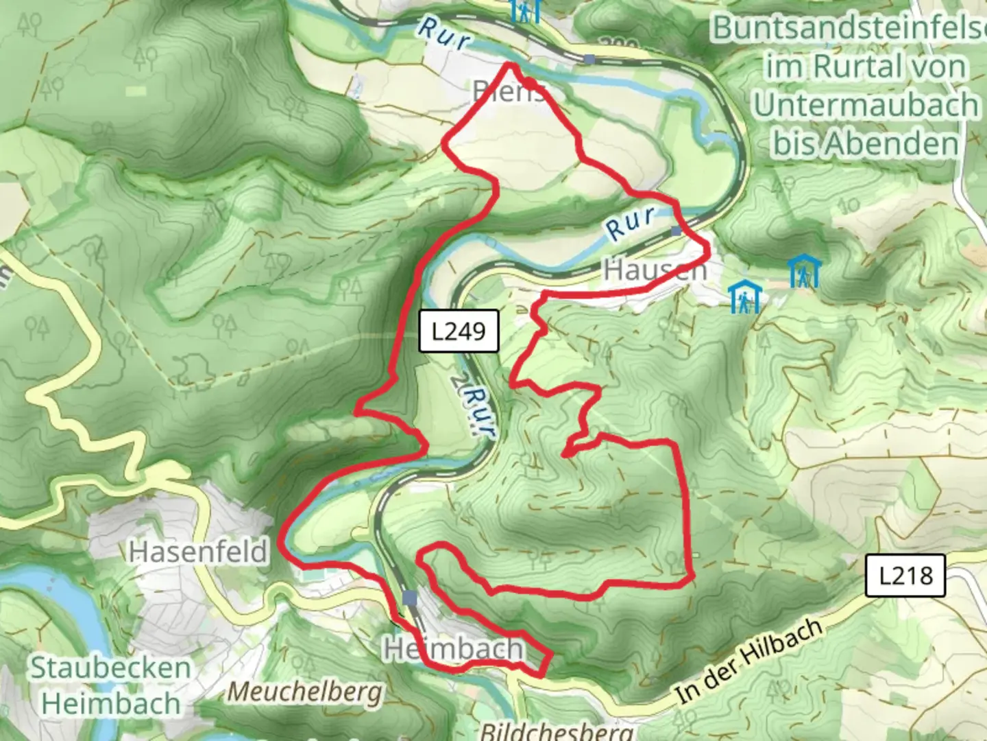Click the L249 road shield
pos(458,331)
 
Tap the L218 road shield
pos(905,575)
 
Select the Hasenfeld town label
pos(198,552)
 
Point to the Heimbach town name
pos(454,648)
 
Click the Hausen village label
pos(655,270)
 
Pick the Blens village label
pos(509,92)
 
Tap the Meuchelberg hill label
pos(304,692)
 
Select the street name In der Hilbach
pos(748,661)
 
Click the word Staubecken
pos(110,668)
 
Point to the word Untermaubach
pos(866,105)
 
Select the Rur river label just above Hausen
pos(630,223)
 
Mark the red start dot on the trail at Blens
pos(530,83)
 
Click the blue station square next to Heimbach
pos(410,599)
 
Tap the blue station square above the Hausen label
pos(677,231)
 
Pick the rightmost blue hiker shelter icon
pos(803,271)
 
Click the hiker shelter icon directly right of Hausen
pos(744,297)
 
